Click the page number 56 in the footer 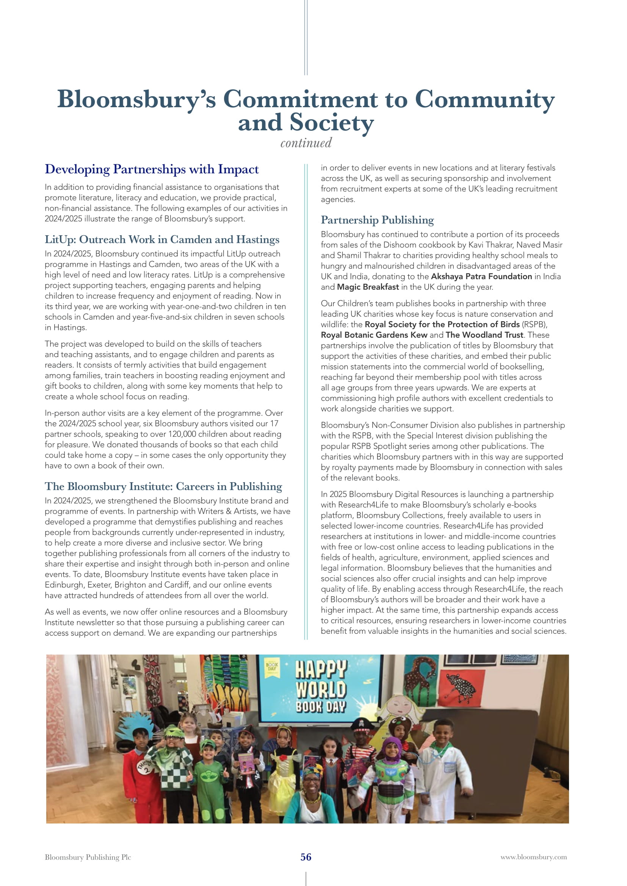306,857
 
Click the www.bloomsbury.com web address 534,857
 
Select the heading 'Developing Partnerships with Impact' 152,169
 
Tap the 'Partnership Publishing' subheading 377,220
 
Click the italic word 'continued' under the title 306,143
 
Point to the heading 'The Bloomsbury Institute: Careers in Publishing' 163,486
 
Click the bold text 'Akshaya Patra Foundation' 481,276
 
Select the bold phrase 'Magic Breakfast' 368,287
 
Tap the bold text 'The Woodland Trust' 484,335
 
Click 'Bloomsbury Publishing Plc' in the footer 88,857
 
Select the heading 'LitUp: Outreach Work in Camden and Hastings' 162,239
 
